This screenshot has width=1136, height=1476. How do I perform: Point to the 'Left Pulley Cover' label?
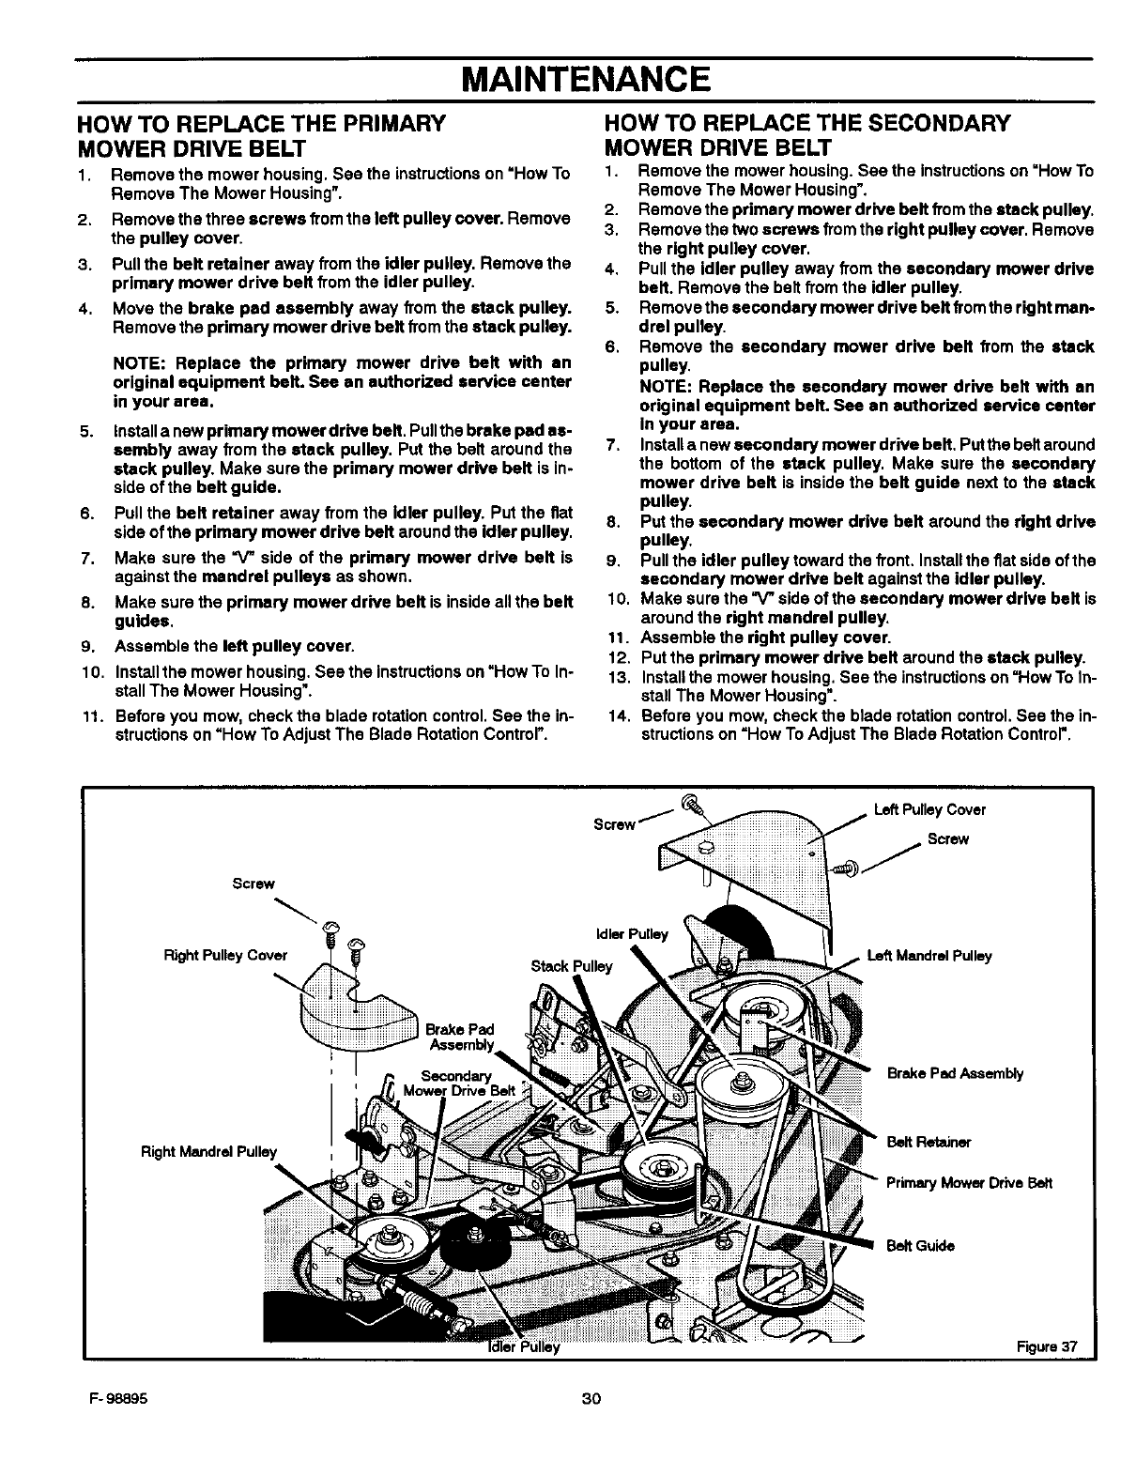tap(929, 809)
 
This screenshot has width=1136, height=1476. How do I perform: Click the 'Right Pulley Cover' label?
tap(225, 956)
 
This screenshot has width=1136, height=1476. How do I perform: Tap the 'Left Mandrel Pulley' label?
tap(929, 956)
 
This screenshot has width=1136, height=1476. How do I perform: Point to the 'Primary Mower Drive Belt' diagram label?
tap(969, 1182)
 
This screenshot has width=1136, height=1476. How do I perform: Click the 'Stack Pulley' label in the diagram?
tap(571, 966)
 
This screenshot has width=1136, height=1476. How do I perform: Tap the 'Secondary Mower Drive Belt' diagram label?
tap(456, 1083)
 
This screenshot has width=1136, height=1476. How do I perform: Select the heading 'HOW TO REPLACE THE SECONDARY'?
tap(808, 124)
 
